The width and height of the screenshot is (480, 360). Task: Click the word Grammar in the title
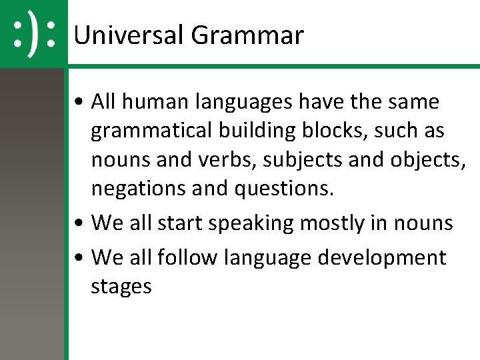click(247, 35)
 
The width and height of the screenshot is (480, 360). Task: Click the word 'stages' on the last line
click(121, 287)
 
